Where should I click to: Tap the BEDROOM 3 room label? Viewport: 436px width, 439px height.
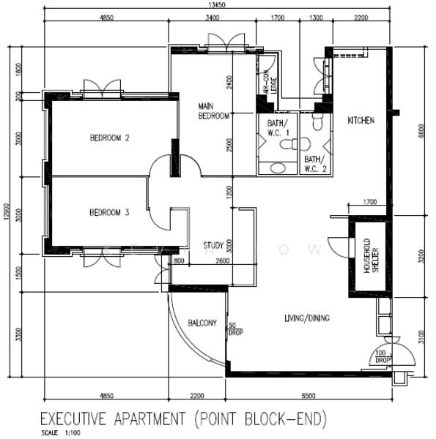click(x=109, y=213)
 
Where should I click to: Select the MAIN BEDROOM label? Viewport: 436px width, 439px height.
click(x=214, y=110)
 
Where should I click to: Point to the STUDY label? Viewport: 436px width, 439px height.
click(x=213, y=246)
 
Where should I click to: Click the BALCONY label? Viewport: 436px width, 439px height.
click(x=202, y=323)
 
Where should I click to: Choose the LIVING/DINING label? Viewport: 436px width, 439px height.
click(x=306, y=318)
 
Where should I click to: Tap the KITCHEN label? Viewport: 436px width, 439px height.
click(x=361, y=121)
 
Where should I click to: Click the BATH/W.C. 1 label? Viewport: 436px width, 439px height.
click(x=278, y=127)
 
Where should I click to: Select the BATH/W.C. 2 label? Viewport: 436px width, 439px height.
click(x=312, y=163)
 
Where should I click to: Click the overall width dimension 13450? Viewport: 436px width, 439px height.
click(x=215, y=5)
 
